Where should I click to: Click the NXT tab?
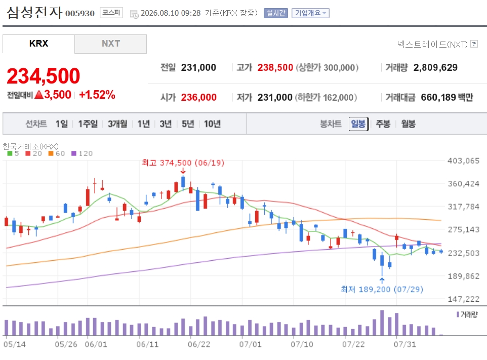click(110, 44)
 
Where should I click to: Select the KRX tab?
click(38, 44)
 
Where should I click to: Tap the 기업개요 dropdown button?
click(310, 13)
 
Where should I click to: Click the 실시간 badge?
click(276, 13)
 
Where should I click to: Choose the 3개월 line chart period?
click(117, 124)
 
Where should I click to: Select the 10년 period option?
click(212, 124)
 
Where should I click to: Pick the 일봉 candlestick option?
click(358, 124)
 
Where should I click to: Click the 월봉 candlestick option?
click(408, 124)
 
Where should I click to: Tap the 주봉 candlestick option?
click(383, 124)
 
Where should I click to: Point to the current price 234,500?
click(44, 76)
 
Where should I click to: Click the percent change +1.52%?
click(97, 95)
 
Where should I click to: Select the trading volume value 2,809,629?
click(435, 67)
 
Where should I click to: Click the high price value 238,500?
click(275, 67)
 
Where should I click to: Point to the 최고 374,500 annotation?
click(183, 163)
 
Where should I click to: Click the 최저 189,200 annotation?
click(382, 289)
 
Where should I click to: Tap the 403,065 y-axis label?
click(463, 161)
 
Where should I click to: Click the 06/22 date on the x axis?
click(199, 344)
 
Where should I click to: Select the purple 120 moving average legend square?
click(73, 153)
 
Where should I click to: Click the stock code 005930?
click(80, 13)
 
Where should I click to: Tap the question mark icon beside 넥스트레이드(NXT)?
click(474, 44)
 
